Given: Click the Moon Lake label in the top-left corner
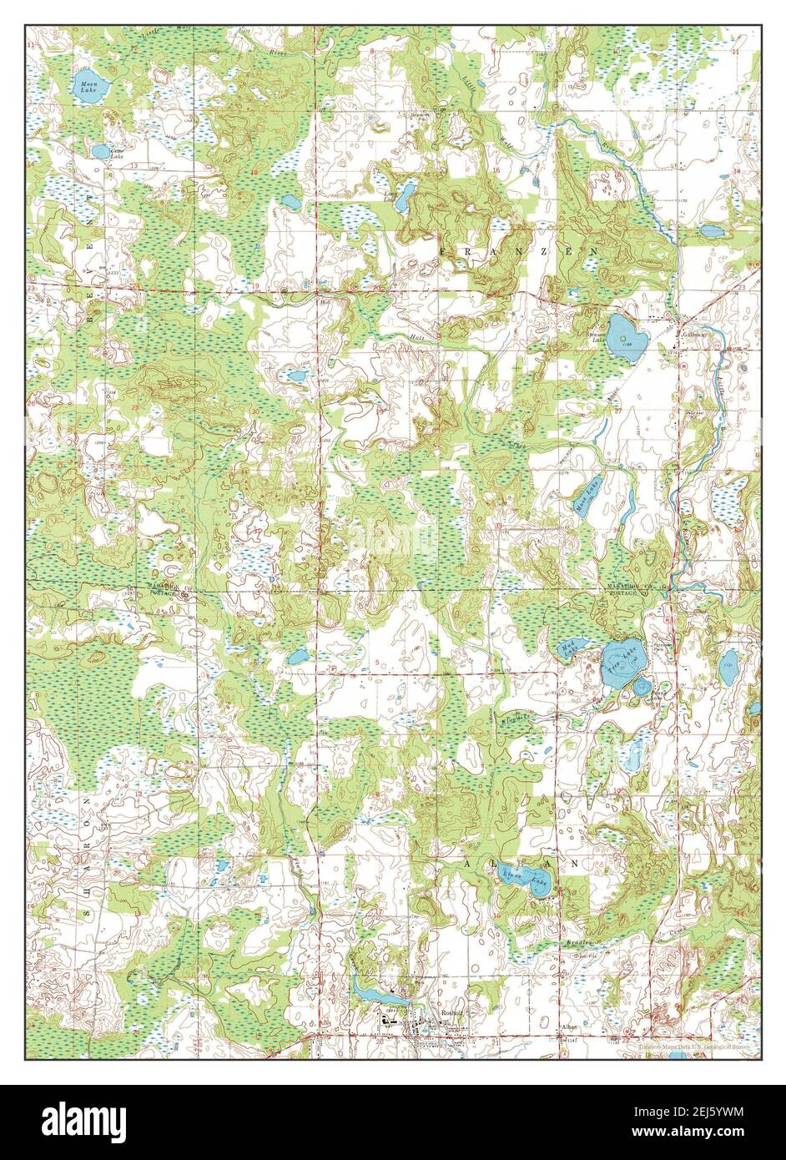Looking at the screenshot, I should (87, 84).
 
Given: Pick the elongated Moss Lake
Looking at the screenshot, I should (588, 503).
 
